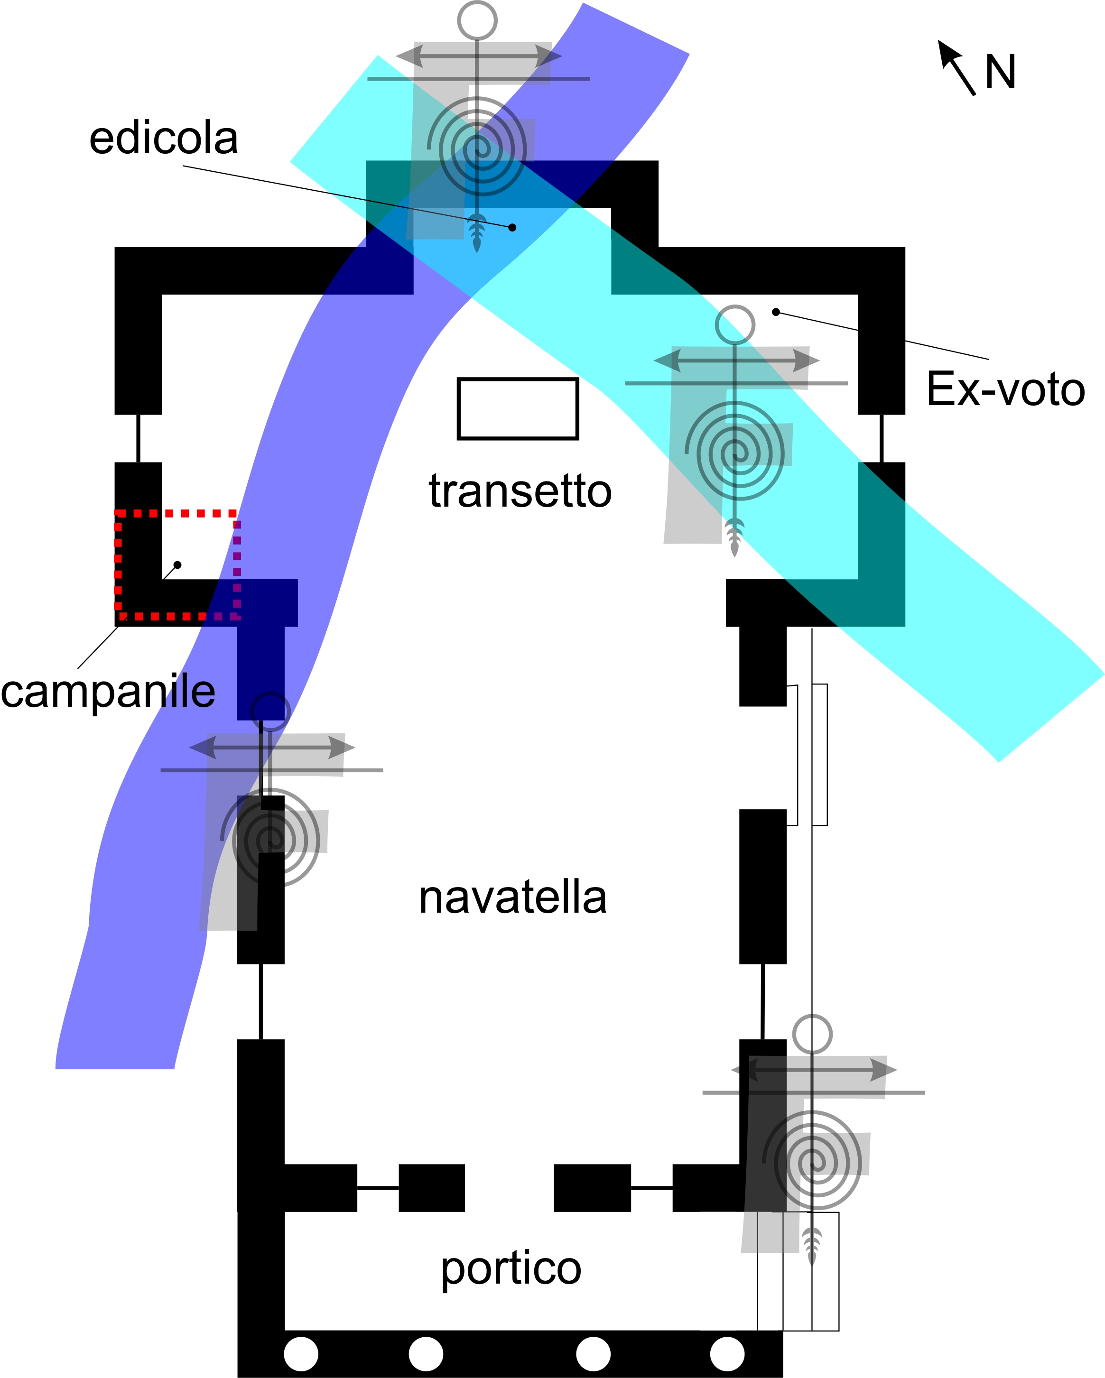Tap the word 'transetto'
click(x=520, y=491)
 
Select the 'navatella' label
click(x=512, y=897)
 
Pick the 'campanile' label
click(x=108, y=692)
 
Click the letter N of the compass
click(x=1000, y=72)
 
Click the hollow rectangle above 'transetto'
click(x=518, y=409)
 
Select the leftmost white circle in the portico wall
click(x=301, y=1354)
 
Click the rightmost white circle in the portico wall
click(x=727, y=1354)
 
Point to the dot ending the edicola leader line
click(x=512, y=228)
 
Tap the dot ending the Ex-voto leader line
click(x=776, y=312)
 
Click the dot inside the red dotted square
click(x=177, y=565)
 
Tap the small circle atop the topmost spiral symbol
click(x=477, y=20)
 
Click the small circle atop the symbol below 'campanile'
click(x=270, y=711)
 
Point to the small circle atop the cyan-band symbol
click(x=735, y=324)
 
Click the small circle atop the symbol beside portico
click(x=812, y=1034)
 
